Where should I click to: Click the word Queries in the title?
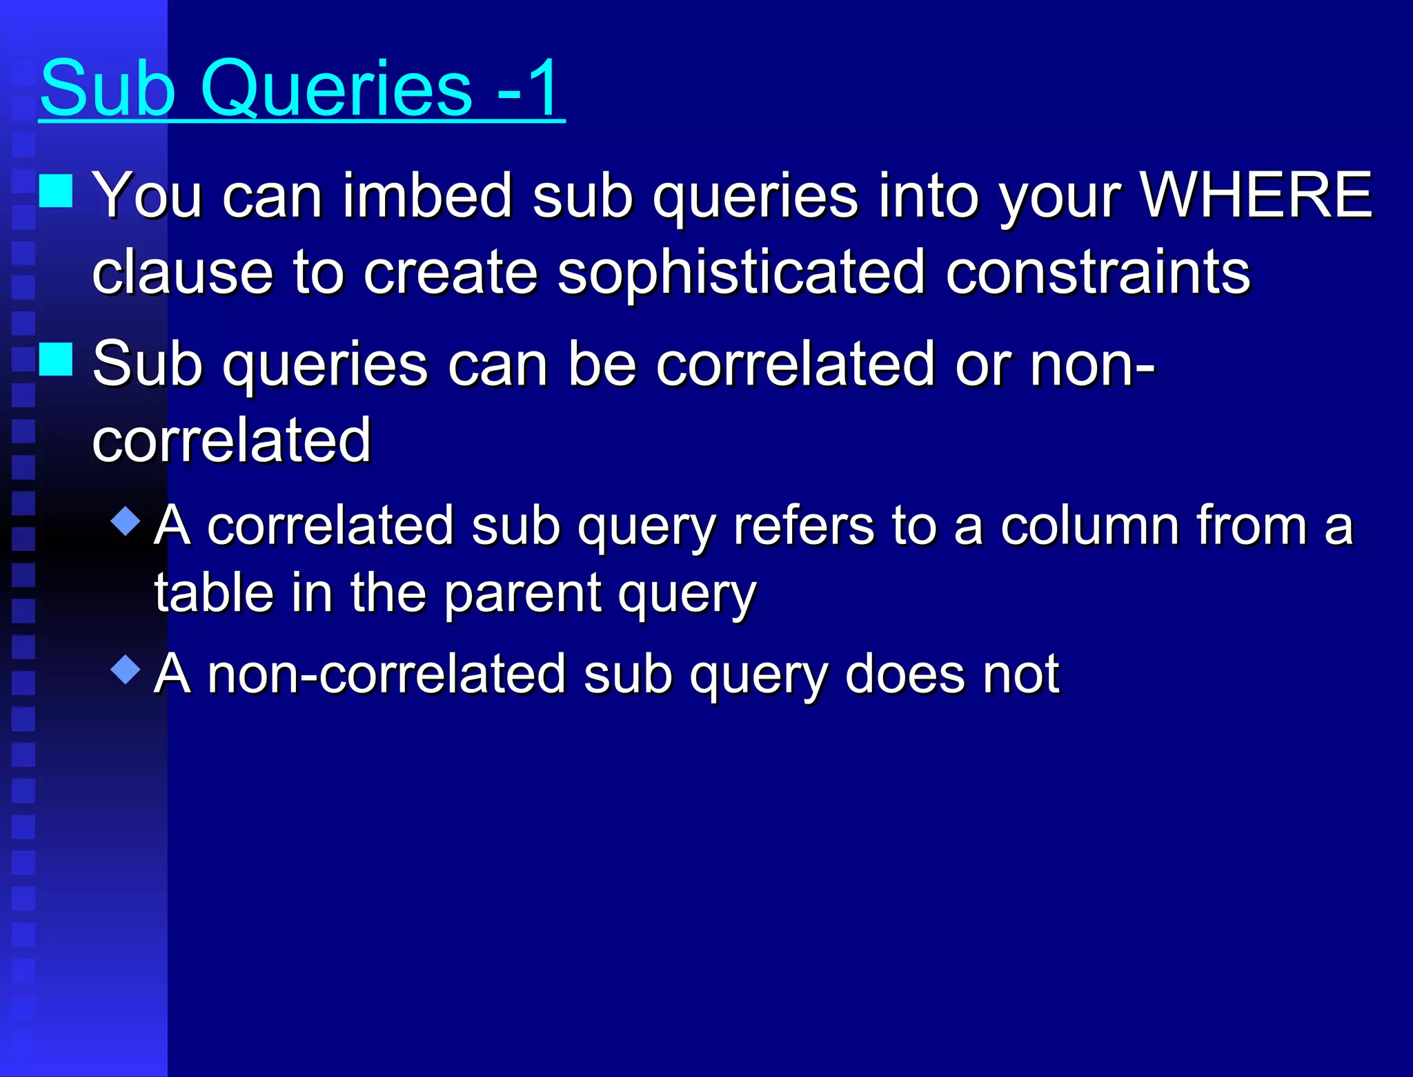coord(336,90)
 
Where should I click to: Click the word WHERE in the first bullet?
coord(1256,196)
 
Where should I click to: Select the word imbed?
coord(426,196)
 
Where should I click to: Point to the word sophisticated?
coord(741,272)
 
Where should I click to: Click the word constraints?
coord(1097,272)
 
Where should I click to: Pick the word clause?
coord(182,272)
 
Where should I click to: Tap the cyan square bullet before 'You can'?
coord(56,191)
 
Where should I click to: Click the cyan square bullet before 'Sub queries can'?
coord(56,359)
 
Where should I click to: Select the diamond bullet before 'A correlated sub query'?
coord(126,521)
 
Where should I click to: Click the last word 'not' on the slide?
coord(1021,674)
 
